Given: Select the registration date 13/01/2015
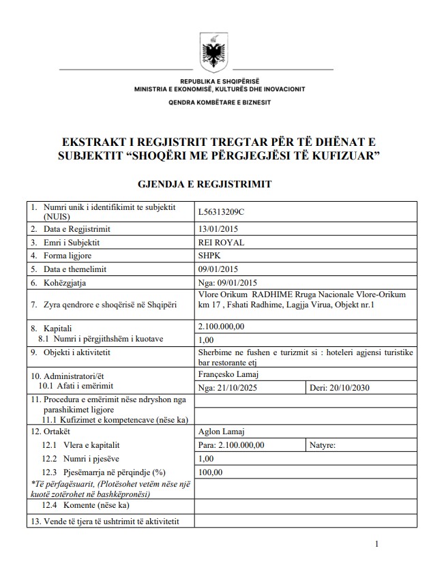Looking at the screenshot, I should point(217,229).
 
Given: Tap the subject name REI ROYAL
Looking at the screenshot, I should point(220,242).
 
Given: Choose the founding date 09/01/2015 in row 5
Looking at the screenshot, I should point(217,269).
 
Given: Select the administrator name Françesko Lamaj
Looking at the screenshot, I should point(227,374).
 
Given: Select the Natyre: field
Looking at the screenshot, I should point(323,444).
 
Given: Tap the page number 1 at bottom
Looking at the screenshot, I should point(376,543).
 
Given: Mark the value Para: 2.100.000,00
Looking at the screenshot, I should point(231,444).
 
